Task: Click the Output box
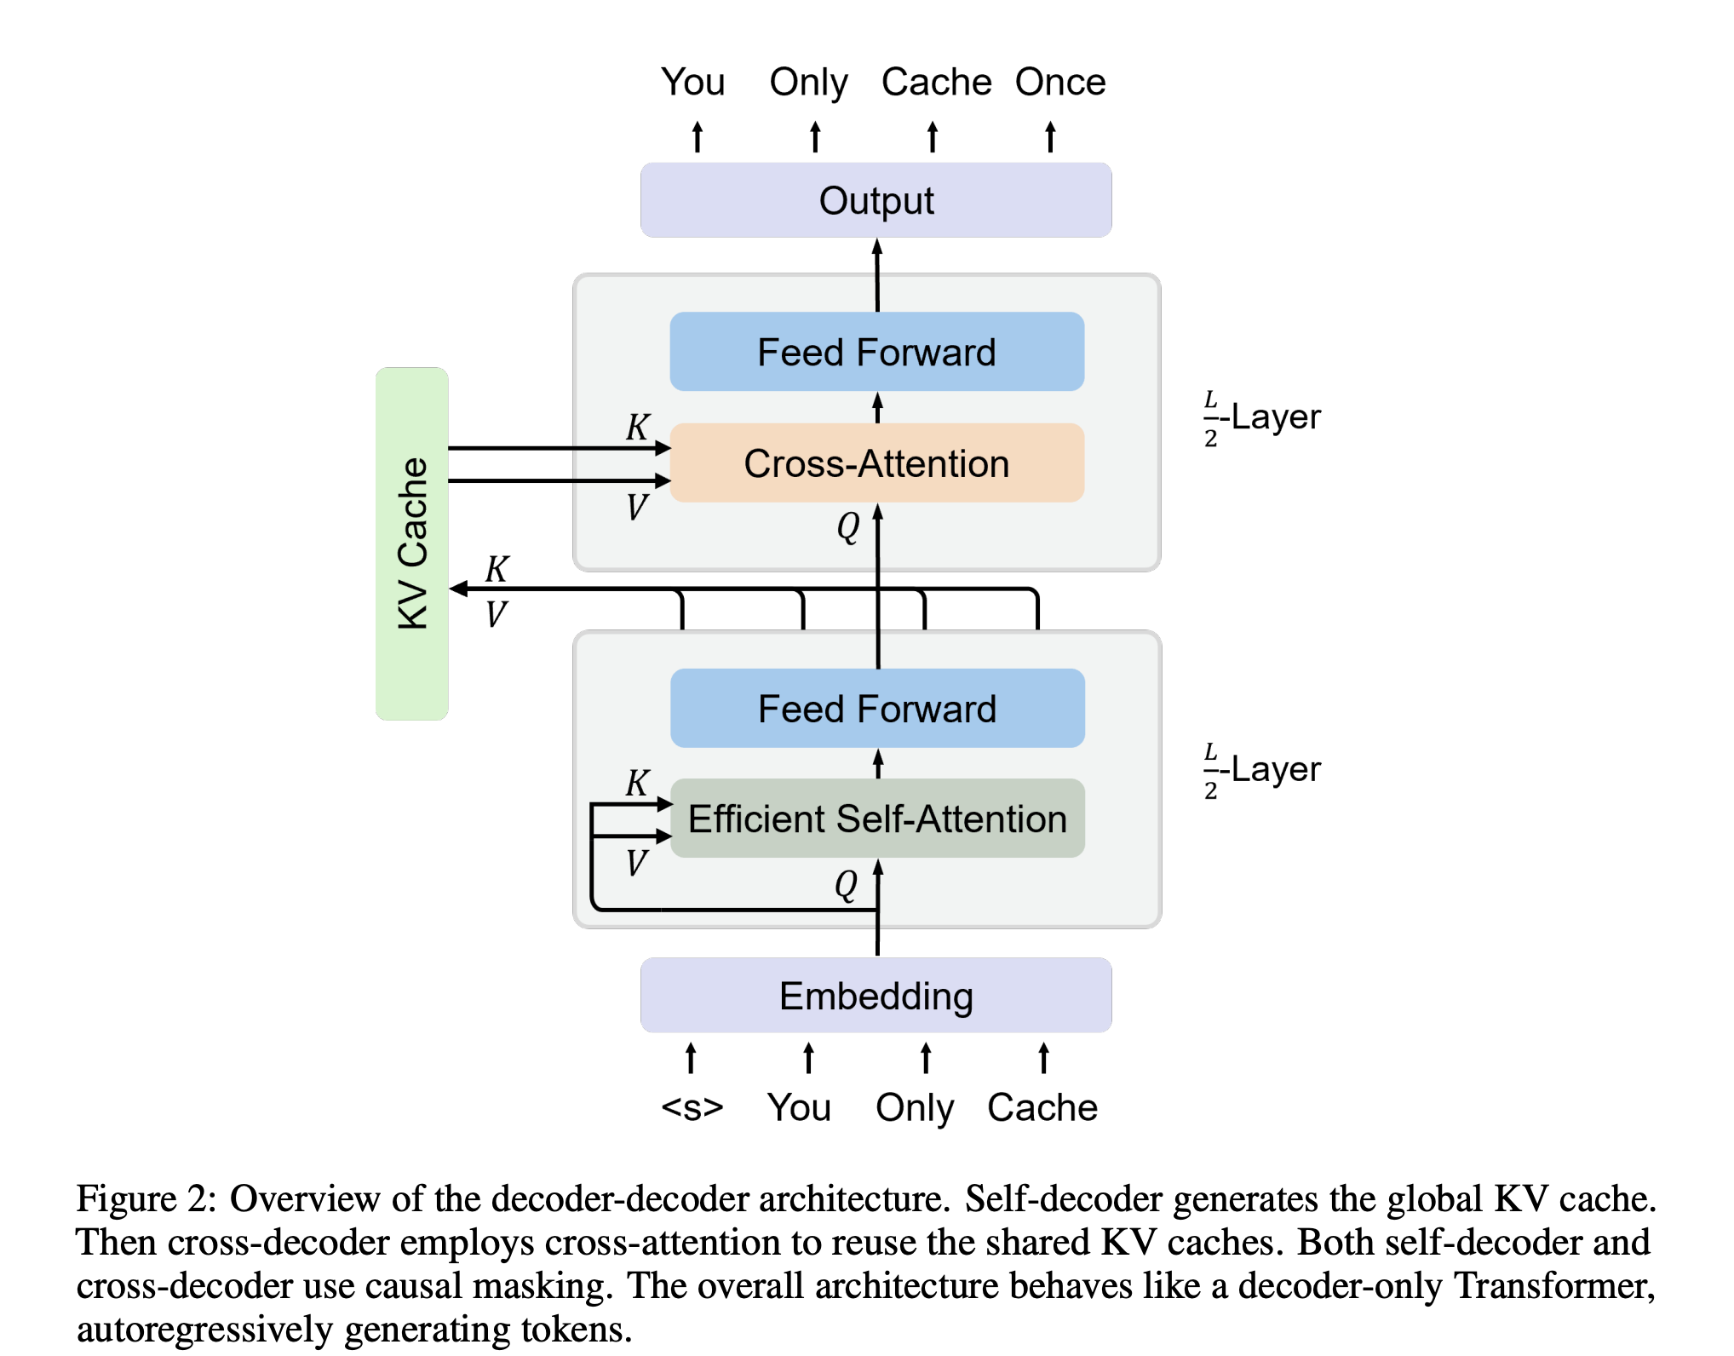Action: (x=876, y=201)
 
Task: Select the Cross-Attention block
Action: (x=876, y=463)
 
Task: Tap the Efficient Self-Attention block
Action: (x=877, y=819)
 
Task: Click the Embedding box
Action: (x=876, y=996)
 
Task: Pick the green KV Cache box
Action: (x=412, y=543)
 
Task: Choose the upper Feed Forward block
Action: (x=876, y=352)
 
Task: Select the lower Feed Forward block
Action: (x=877, y=709)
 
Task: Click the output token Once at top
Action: (x=1059, y=82)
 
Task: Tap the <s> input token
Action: (x=692, y=1107)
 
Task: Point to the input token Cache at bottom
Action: (x=1042, y=1107)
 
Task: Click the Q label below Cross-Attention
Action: (x=847, y=526)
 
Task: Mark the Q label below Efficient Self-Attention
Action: (x=846, y=884)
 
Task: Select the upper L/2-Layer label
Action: (x=1262, y=417)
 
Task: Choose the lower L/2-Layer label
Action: (x=1262, y=770)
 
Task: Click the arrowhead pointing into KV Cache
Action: (x=458, y=589)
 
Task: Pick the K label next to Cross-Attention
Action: (x=638, y=427)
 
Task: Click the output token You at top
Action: (x=692, y=82)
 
